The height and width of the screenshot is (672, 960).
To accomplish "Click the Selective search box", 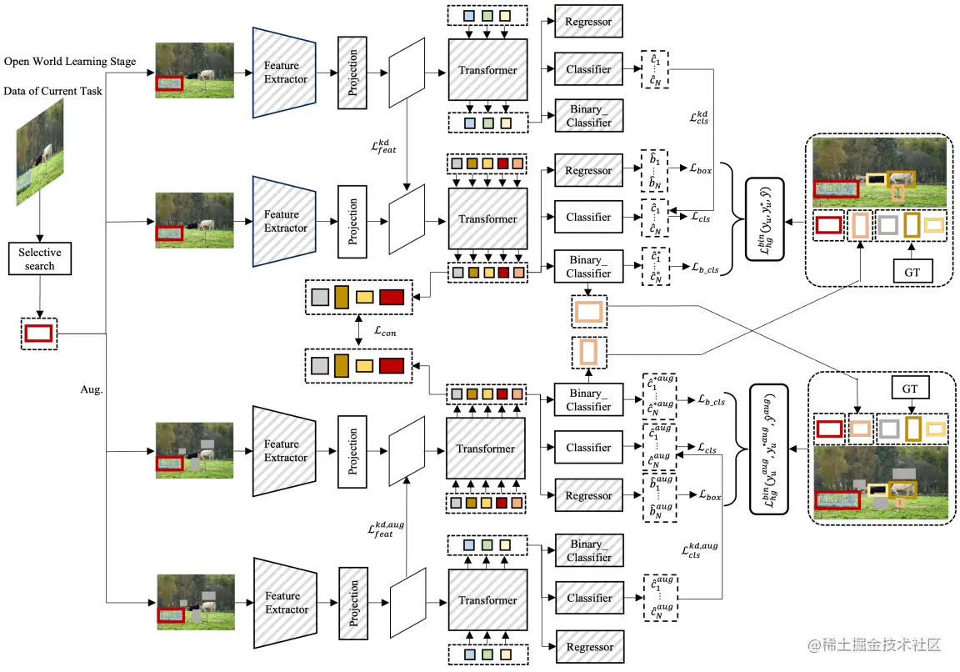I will (39, 258).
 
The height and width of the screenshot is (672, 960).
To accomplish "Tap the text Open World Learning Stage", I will (70, 62).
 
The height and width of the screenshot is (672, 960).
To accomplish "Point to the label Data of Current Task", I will (53, 91).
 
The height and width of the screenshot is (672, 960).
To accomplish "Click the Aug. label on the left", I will (92, 389).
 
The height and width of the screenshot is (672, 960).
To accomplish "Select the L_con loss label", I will (384, 331).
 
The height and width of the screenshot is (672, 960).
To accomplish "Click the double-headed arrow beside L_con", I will (358, 331).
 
